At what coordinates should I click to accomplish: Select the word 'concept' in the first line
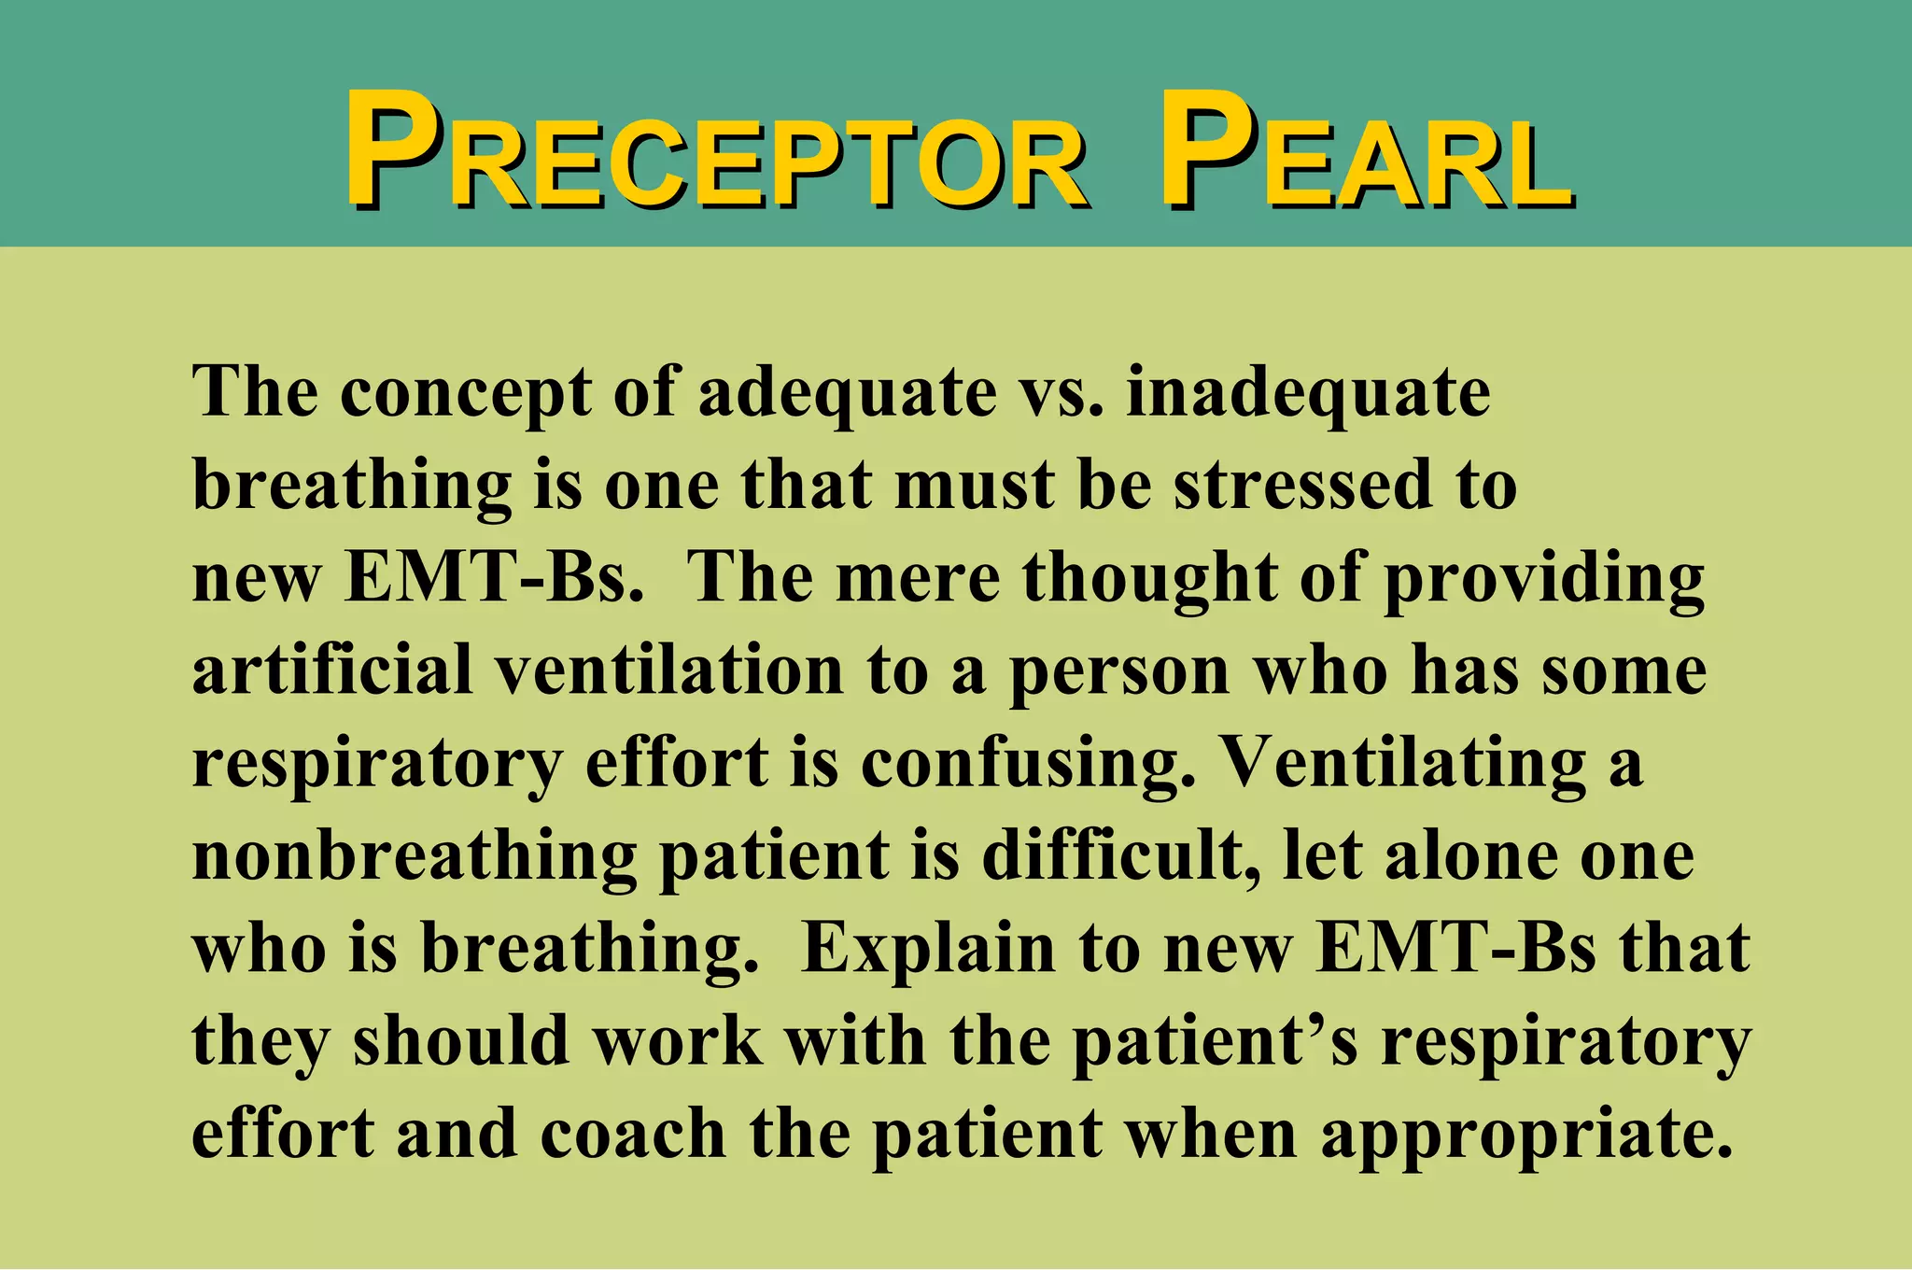[x=464, y=392]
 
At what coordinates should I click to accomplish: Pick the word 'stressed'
[x=1302, y=485]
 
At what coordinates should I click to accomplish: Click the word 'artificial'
[x=332, y=670]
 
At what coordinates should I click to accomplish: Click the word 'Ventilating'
[x=1404, y=764]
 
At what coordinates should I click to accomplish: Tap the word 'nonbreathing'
[x=415, y=856]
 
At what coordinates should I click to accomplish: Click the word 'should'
[x=461, y=1040]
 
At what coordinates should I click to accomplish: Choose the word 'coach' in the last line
[x=632, y=1133]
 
